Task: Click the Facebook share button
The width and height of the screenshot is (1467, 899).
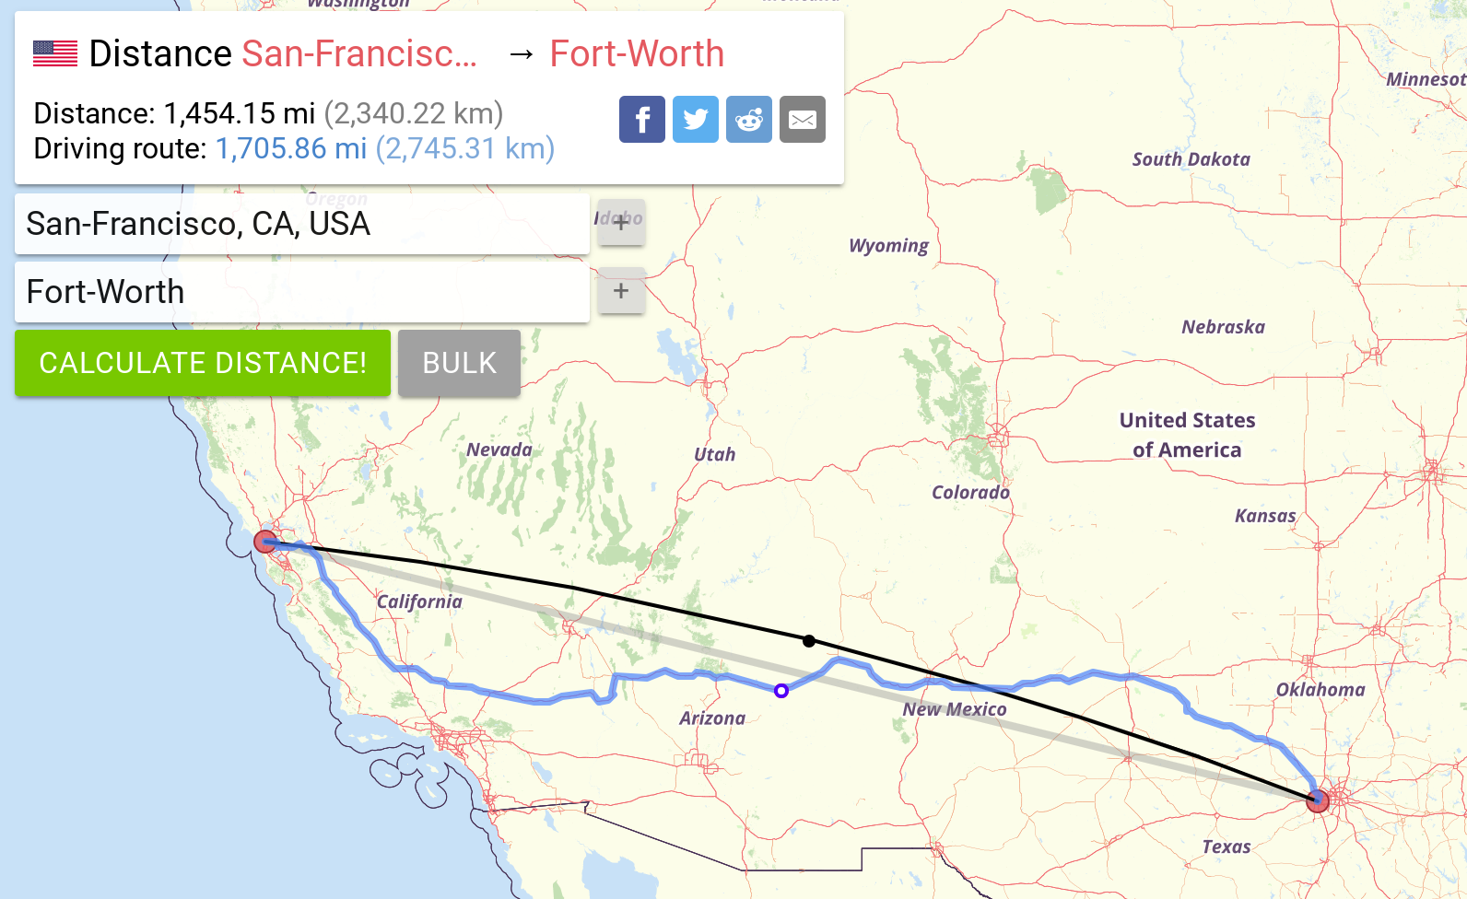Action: (x=642, y=120)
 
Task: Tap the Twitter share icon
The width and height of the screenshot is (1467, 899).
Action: (x=696, y=120)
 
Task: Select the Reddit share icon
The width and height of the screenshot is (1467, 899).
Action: (x=749, y=120)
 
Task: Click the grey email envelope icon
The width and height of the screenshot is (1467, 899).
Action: (x=803, y=120)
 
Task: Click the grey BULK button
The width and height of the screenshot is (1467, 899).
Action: (x=459, y=363)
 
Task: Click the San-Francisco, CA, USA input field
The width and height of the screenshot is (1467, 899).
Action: (x=301, y=224)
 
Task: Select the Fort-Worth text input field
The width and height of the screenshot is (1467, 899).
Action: (x=301, y=292)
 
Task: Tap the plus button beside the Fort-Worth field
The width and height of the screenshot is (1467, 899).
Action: (x=621, y=291)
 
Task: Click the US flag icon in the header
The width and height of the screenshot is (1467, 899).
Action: (x=55, y=53)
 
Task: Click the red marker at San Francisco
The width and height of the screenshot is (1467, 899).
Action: (x=265, y=542)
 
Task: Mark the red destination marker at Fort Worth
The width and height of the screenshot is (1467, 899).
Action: (x=1318, y=800)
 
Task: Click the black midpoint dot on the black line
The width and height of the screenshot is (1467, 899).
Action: (x=809, y=641)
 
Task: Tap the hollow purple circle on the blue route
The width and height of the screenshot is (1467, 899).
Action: (x=781, y=691)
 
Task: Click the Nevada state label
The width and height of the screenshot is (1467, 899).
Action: (x=499, y=449)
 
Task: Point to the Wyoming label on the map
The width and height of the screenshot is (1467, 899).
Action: (x=888, y=246)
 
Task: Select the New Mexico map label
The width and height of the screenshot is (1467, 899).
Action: (x=955, y=709)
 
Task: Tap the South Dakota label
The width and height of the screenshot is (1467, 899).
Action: (x=1191, y=159)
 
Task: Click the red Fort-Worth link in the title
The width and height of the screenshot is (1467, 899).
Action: (x=637, y=53)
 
